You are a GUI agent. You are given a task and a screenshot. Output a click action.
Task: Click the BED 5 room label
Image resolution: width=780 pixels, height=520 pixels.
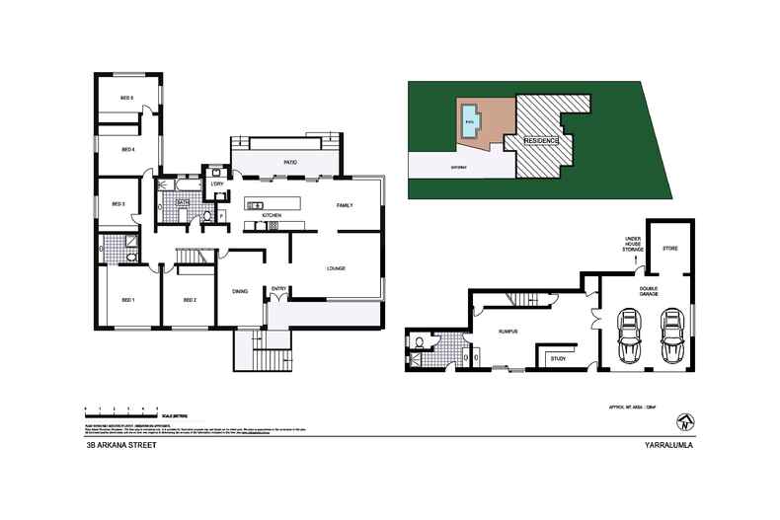[126, 98]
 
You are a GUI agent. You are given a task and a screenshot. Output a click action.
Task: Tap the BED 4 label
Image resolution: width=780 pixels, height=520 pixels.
[127, 150]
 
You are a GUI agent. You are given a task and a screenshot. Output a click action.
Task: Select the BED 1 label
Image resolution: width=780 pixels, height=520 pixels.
[127, 300]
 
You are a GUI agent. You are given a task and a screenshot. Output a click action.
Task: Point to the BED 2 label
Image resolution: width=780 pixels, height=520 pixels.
[190, 300]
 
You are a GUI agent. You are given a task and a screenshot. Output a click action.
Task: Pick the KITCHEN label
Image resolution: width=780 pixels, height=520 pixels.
[273, 214]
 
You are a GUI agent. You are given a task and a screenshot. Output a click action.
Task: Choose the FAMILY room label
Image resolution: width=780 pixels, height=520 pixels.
[345, 205]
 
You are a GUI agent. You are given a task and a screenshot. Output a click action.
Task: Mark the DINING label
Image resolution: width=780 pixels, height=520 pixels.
[240, 291]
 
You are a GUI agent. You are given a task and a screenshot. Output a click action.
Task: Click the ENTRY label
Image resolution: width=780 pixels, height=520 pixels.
[278, 289]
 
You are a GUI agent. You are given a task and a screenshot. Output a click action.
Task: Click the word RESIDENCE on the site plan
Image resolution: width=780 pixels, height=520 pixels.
[540, 141]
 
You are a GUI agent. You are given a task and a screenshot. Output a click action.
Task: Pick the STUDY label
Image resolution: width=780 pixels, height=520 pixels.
[558, 358]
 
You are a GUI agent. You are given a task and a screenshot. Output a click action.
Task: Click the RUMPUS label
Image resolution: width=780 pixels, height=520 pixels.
[508, 333]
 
